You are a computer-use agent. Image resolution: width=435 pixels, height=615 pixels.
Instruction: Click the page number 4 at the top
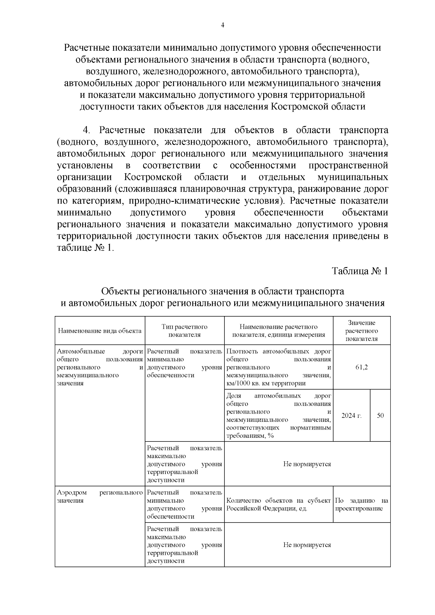[x=223, y=25]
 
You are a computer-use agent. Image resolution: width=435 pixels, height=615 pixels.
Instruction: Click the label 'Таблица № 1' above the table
[x=360, y=271]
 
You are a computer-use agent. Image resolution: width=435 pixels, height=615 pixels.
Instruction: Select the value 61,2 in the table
[x=361, y=367]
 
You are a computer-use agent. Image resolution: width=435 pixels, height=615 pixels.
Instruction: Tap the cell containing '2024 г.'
[x=351, y=416]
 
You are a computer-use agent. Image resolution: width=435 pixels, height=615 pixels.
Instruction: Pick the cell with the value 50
[x=380, y=416]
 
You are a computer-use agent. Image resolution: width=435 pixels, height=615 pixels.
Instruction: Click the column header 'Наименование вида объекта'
[x=100, y=331]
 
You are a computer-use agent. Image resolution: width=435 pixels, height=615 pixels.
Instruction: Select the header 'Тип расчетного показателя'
[x=185, y=331]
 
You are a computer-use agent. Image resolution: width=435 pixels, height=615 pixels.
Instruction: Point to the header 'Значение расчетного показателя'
[x=361, y=331]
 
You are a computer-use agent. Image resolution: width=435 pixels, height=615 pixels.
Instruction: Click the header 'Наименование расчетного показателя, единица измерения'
[x=278, y=331]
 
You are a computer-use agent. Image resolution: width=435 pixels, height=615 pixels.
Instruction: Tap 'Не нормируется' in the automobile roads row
[x=307, y=464]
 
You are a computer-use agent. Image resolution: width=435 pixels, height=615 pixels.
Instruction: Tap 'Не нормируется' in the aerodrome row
[x=307, y=545]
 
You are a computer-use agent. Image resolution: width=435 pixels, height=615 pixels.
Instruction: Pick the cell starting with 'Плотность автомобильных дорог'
[x=278, y=367]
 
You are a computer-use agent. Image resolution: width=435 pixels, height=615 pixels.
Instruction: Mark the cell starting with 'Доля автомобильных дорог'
[x=278, y=416]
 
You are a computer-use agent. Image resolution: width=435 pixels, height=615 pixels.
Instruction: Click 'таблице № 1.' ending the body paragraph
[x=86, y=248]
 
